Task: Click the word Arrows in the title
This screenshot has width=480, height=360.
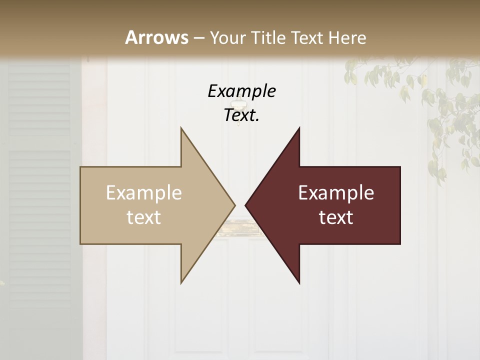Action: pos(156,37)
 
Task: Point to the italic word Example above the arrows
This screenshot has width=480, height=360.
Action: pos(241,91)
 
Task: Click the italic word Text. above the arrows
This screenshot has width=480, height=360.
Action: pos(241,115)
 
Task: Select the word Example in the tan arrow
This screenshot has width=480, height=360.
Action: pos(144,193)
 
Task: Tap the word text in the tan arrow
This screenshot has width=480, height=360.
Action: pos(144,217)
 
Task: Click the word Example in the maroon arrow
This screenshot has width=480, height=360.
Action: pos(336,193)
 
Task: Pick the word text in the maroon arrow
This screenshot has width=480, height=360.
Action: pos(336,217)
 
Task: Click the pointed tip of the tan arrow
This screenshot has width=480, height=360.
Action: pos(234,205)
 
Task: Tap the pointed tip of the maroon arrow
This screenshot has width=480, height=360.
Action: pos(245,205)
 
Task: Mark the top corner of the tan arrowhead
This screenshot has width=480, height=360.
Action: pos(181,128)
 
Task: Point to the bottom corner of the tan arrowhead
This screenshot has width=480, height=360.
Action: pos(181,282)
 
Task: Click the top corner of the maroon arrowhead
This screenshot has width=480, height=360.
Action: pos(299,128)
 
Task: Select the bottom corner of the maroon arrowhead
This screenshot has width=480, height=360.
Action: pos(299,283)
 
